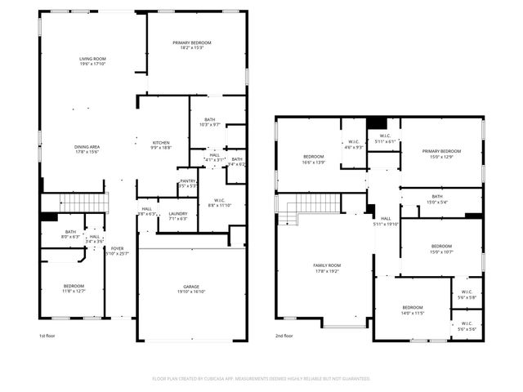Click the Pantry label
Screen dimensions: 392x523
(x=187, y=184)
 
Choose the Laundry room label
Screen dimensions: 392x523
(x=178, y=216)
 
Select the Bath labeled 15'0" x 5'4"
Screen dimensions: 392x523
(x=437, y=198)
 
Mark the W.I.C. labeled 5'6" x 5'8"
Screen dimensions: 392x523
(x=467, y=295)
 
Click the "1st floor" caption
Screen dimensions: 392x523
(x=47, y=336)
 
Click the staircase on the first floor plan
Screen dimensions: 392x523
(x=85, y=203)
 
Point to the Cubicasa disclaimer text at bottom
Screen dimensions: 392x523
(x=261, y=379)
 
